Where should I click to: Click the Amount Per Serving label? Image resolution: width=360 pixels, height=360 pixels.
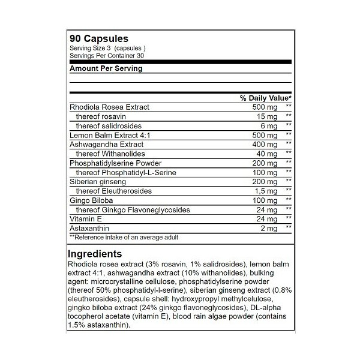coord(106,68)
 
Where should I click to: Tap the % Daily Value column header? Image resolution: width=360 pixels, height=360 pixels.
coord(265,98)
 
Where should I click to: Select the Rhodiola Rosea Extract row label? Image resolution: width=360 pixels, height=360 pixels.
coord(109,107)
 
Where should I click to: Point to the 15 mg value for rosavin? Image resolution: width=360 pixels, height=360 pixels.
coord(266,116)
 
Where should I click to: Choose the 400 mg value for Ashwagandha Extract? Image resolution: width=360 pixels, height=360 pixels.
coord(265,145)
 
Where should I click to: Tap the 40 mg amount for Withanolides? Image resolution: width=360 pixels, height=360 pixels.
coord(266,154)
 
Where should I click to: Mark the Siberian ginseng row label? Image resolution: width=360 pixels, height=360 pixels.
coord(97,181)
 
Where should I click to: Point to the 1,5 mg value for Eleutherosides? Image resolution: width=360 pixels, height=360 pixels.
coord(265,191)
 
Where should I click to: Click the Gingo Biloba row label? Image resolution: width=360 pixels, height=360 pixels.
coord(91,200)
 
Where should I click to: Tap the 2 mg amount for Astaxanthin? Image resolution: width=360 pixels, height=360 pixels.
coord(269,228)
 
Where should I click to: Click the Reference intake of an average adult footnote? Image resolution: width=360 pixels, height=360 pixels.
coord(124,237)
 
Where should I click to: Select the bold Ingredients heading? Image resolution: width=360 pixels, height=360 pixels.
coord(95,254)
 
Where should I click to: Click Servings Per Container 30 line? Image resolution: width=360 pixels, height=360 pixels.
coord(106,55)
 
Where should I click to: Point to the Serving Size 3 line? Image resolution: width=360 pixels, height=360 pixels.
coord(108,48)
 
